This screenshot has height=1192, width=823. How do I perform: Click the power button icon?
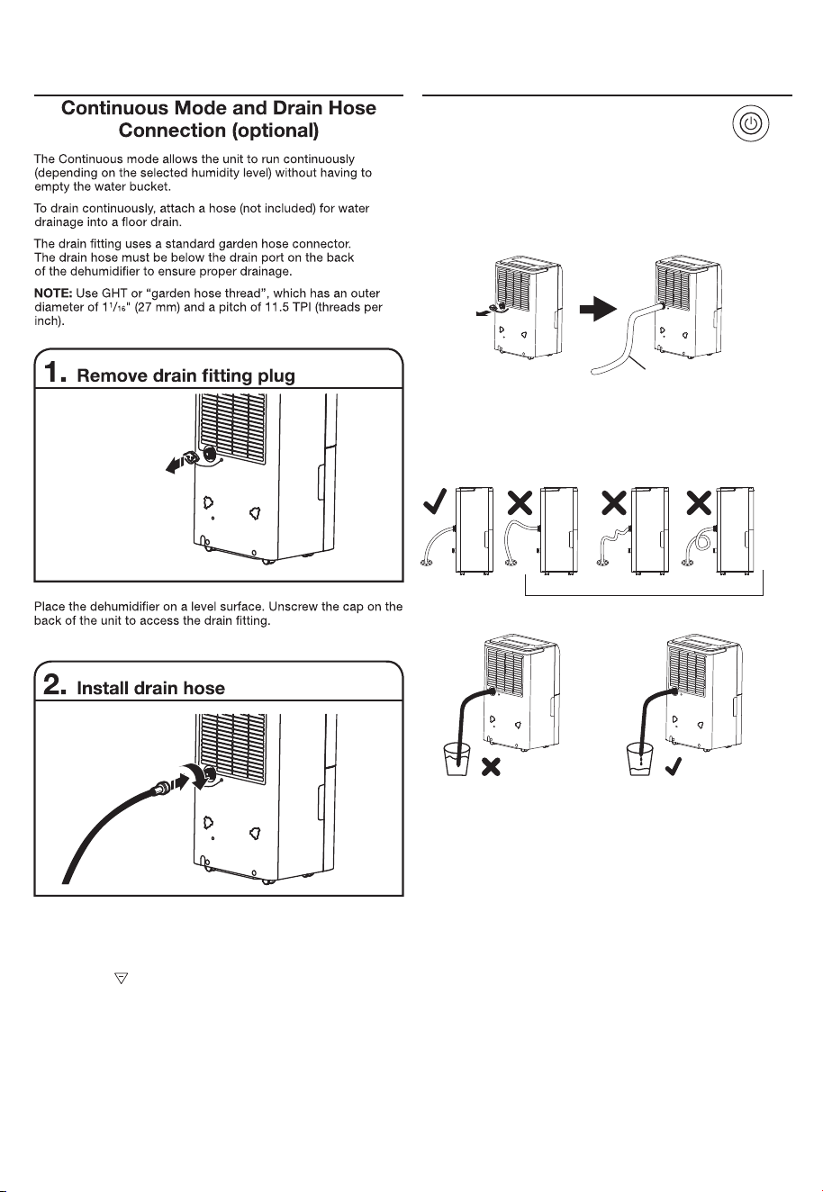[751, 124]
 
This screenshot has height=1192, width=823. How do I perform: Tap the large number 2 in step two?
[54, 684]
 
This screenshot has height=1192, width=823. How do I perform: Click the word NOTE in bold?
[53, 293]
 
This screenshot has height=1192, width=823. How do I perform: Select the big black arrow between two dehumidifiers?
[599, 309]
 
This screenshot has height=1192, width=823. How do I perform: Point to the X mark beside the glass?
[490, 767]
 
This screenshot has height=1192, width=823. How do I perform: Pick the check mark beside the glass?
[674, 765]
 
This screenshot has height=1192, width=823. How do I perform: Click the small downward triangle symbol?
[122, 978]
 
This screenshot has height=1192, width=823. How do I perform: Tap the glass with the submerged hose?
[457, 760]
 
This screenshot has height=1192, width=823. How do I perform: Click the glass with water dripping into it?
[640, 760]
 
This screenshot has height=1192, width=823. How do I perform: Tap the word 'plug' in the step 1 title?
[276, 376]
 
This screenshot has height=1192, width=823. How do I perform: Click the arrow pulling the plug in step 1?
[174, 466]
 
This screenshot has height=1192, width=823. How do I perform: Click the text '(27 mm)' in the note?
[157, 307]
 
